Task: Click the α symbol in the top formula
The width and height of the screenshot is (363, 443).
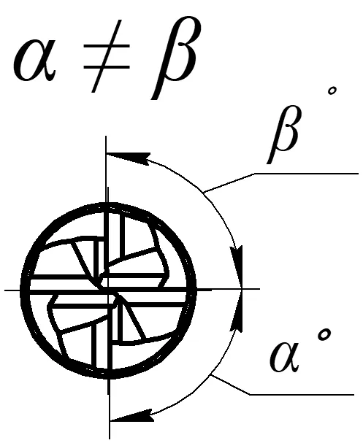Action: (x=34, y=60)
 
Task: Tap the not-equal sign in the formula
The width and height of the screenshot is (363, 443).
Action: (x=107, y=56)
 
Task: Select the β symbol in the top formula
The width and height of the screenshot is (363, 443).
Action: (x=173, y=58)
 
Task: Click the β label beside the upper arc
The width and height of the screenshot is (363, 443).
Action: (x=283, y=134)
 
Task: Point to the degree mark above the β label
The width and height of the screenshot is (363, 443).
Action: (x=332, y=91)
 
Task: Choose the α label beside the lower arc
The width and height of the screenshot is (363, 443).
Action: (x=285, y=357)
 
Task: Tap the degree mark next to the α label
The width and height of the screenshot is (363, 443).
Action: (x=324, y=335)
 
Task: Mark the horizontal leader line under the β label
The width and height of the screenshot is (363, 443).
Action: (x=306, y=174)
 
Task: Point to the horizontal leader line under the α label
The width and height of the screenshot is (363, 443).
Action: (x=302, y=394)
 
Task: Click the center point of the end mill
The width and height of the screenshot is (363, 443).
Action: (x=107, y=290)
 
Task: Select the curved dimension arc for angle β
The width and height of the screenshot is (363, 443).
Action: (x=204, y=193)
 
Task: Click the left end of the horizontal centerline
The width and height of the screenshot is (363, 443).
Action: (x=4, y=290)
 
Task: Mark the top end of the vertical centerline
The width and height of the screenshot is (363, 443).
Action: (x=106, y=136)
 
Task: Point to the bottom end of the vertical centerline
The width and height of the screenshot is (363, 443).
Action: (x=110, y=439)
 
